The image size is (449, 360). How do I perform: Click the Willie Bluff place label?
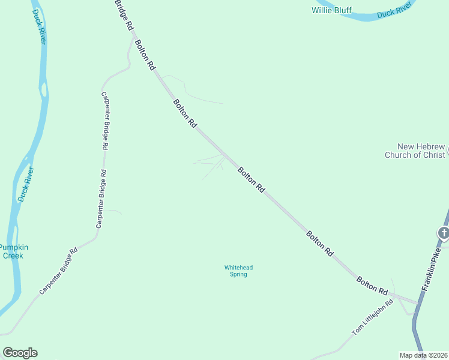pyautogui.click(x=331, y=10)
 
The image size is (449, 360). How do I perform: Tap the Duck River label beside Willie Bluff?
pyautogui.click(x=394, y=10)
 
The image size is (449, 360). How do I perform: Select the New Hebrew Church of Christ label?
pyautogui.click(x=415, y=151)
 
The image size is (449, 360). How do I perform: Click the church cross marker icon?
pyautogui.click(x=444, y=232)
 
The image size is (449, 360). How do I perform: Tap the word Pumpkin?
pyautogui.click(x=13, y=247)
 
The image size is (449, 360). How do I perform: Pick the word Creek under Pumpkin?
pyautogui.click(x=13, y=256)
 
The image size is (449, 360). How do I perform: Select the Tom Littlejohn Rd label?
pyautogui.click(x=372, y=317)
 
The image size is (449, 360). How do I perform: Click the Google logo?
pyautogui.click(x=20, y=353)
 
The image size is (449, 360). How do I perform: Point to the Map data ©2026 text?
pyautogui.click(x=423, y=355)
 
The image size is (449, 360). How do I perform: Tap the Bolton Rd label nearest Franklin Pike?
pyautogui.click(x=372, y=286)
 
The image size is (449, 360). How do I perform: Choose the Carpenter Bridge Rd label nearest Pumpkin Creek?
pyautogui.click(x=58, y=272)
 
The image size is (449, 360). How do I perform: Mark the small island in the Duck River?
pyautogui.click(x=43, y=90)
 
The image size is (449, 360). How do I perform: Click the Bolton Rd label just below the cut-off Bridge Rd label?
pyautogui.click(x=145, y=55)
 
